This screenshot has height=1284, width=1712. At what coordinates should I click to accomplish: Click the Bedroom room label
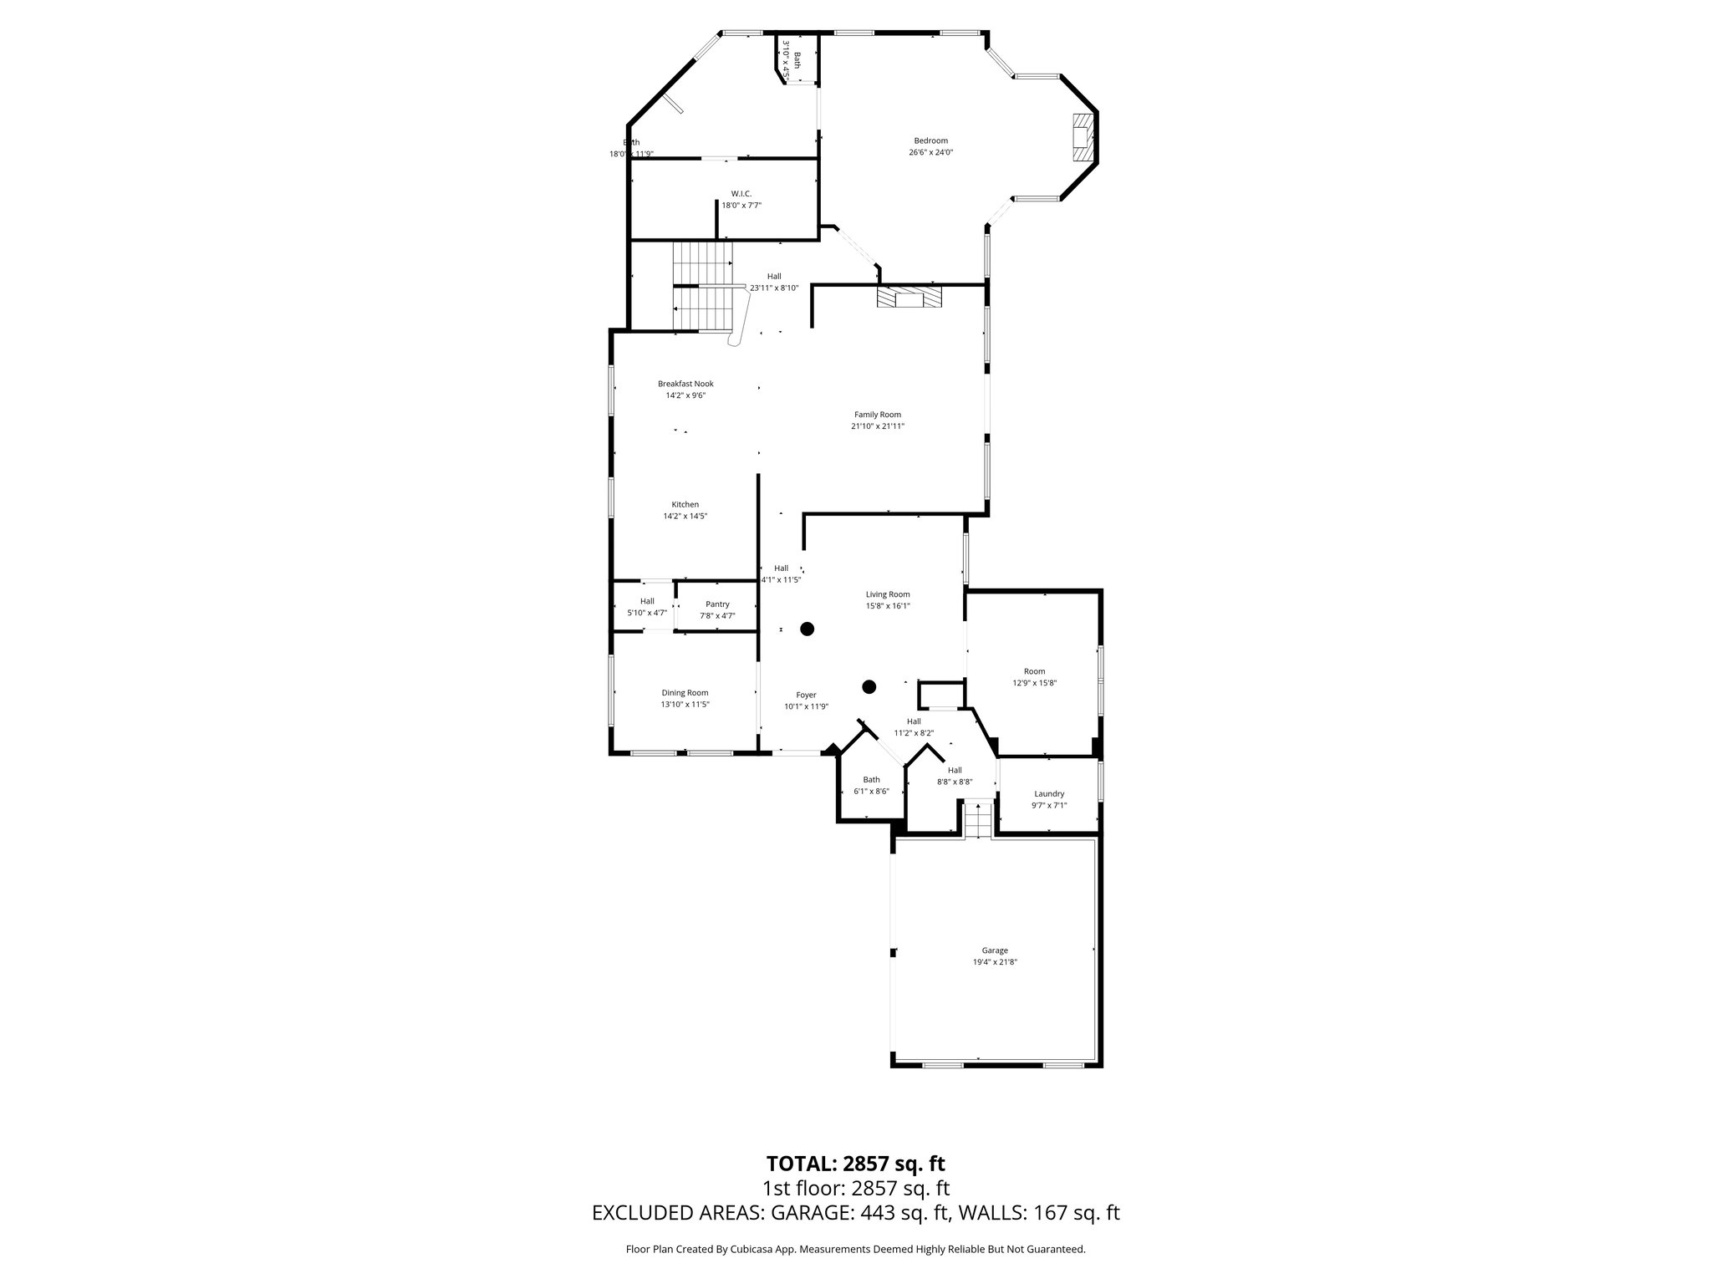tap(930, 140)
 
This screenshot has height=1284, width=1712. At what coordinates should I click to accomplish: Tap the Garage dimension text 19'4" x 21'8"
tap(994, 962)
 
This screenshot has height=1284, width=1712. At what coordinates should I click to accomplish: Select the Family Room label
tap(877, 415)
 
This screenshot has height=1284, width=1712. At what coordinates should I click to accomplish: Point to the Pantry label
tap(717, 604)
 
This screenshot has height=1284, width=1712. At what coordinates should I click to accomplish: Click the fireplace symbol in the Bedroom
tap(1083, 138)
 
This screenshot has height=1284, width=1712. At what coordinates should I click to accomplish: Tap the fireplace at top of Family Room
tap(908, 298)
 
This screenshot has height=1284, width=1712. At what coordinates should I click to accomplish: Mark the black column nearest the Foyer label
tap(869, 687)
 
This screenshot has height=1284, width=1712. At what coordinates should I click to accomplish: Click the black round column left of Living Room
tap(807, 629)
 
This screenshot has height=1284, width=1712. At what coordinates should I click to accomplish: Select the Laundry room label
tap(1048, 794)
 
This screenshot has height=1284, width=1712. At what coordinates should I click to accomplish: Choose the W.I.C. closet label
tap(741, 194)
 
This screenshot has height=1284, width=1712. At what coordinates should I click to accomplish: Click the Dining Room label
tap(685, 693)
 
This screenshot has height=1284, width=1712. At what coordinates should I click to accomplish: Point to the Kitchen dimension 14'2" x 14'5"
tap(685, 517)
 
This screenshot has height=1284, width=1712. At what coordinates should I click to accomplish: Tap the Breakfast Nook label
tap(685, 384)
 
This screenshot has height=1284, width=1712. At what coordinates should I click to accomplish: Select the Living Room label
tap(887, 594)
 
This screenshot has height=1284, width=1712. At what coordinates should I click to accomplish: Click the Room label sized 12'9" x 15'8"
tap(1034, 671)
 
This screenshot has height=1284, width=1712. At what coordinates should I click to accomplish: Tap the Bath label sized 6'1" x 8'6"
tap(871, 780)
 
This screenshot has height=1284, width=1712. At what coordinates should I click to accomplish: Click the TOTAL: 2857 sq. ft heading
tap(855, 1164)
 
